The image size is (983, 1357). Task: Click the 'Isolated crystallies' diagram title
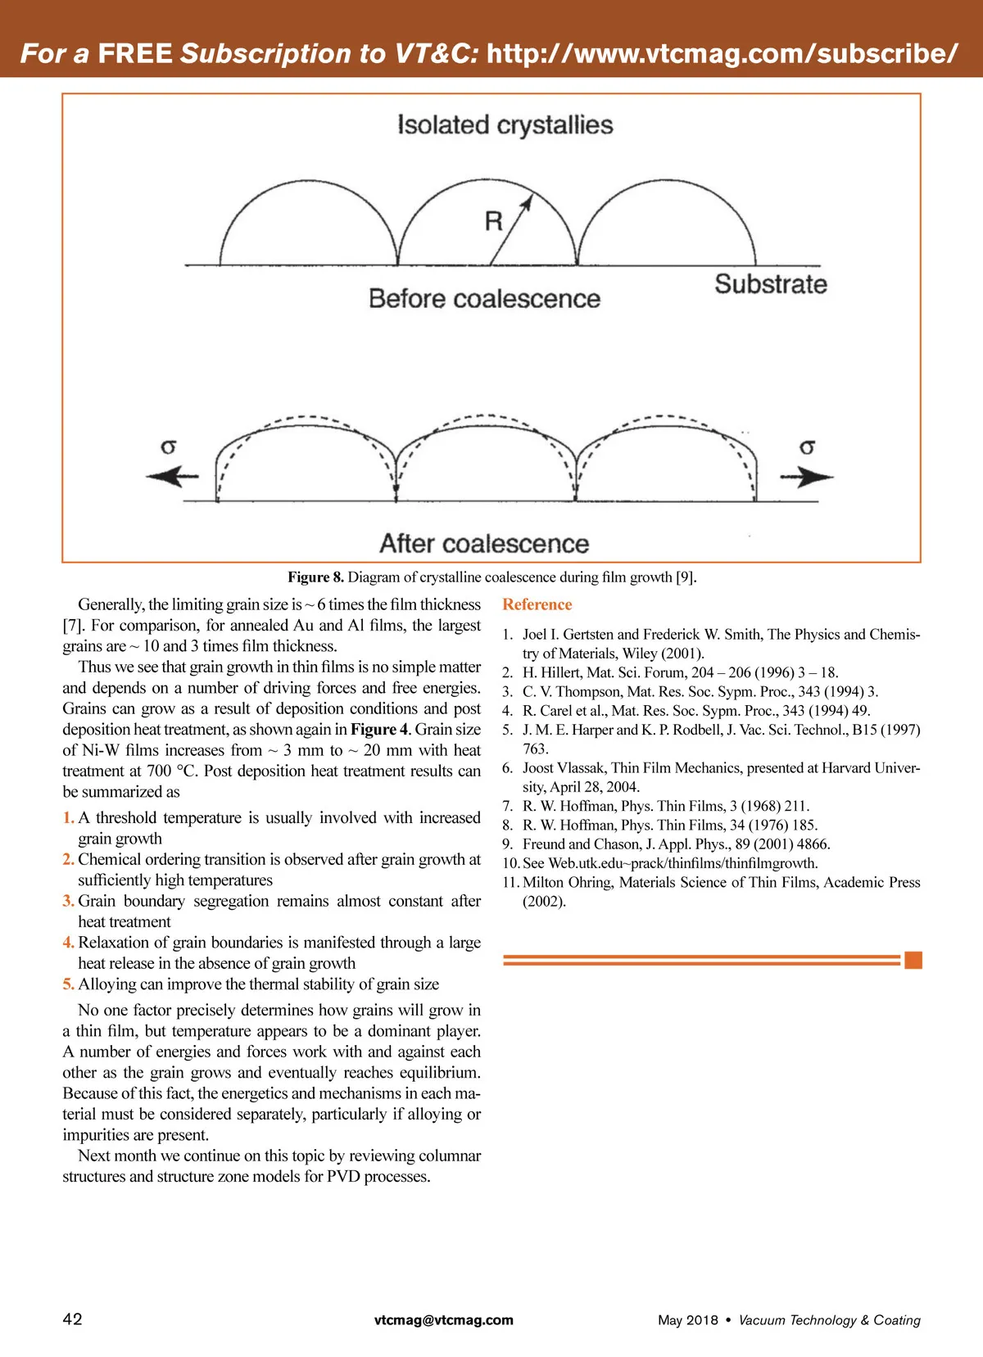(505, 125)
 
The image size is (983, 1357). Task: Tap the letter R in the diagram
(493, 221)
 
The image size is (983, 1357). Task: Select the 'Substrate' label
(770, 284)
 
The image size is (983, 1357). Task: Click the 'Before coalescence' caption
(484, 299)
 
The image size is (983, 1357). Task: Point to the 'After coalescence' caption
(484, 544)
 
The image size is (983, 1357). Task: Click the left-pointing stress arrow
(172, 476)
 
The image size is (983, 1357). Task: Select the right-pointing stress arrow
(806, 477)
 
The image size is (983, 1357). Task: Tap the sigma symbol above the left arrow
(169, 447)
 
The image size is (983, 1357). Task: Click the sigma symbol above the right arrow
(807, 447)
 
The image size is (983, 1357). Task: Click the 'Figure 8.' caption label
(315, 577)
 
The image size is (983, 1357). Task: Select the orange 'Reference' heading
(537, 604)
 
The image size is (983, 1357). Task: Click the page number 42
(72, 1319)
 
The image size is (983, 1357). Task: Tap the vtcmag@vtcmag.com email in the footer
(444, 1319)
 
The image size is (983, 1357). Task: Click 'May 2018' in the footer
(687, 1320)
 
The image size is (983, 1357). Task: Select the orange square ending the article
(913, 960)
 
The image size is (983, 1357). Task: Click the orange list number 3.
(68, 901)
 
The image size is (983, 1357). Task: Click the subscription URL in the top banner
(722, 53)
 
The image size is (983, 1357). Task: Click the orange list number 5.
(68, 984)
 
